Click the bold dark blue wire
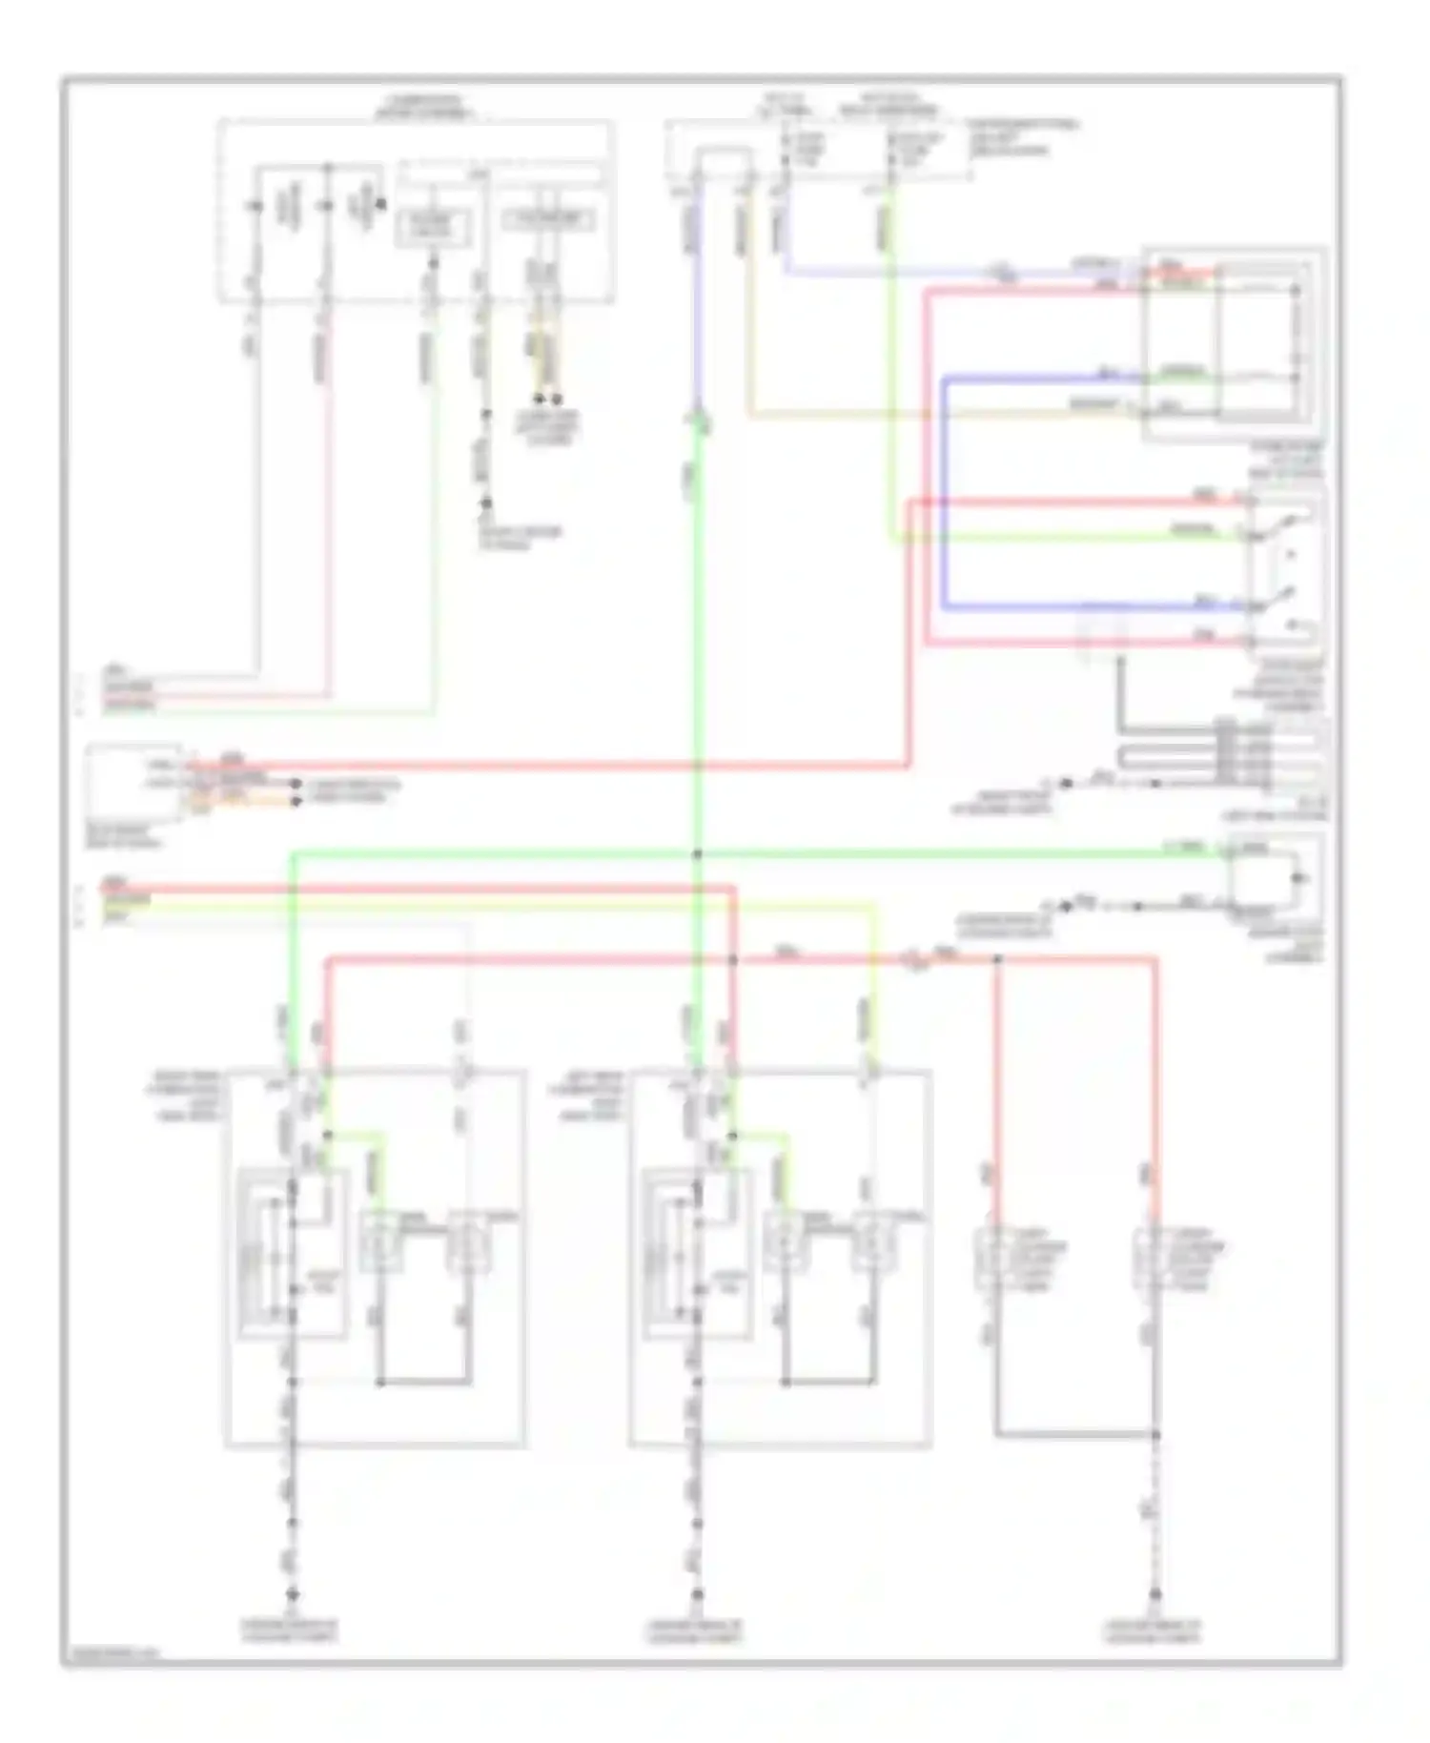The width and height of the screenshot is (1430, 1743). pyautogui.click(x=944, y=496)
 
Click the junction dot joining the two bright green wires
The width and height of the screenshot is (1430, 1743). pyautogui.click(x=698, y=853)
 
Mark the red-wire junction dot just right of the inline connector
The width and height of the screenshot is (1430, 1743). pyautogui.click(x=997, y=959)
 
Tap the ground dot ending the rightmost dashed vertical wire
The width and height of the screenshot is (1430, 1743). pyautogui.click(x=1154, y=1593)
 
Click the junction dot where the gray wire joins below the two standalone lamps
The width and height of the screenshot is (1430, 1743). pyautogui.click(x=1154, y=1434)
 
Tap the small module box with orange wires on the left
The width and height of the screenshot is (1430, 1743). pyautogui.click(x=133, y=782)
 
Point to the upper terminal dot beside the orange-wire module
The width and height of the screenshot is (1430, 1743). pyautogui.click(x=296, y=785)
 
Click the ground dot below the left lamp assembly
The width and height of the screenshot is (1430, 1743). pyautogui.click(x=293, y=1593)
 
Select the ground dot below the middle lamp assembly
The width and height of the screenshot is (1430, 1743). pyautogui.click(x=697, y=1593)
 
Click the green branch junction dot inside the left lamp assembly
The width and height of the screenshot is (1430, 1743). pyautogui.click(x=327, y=1135)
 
